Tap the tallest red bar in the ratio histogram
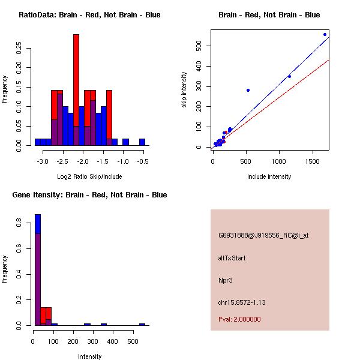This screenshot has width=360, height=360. pos(76,84)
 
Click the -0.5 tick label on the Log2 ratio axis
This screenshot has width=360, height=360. pos(142,161)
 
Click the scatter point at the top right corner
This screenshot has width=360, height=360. pos(325,34)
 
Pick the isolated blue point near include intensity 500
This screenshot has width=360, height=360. pos(248,90)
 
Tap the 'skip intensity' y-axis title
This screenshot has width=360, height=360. pos(184,90)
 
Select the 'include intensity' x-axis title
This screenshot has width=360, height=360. pos(269,176)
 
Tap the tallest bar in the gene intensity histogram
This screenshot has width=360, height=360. pos(38,270)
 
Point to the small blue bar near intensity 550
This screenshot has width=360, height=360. pos(142,324)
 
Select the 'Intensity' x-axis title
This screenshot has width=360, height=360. pos(89,356)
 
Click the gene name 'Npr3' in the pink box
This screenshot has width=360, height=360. pos(225,280)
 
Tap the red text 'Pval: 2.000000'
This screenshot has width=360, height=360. pos(239,319)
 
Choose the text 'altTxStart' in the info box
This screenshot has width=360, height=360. pos(232,258)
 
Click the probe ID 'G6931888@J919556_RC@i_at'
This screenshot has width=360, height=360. pos(263,236)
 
